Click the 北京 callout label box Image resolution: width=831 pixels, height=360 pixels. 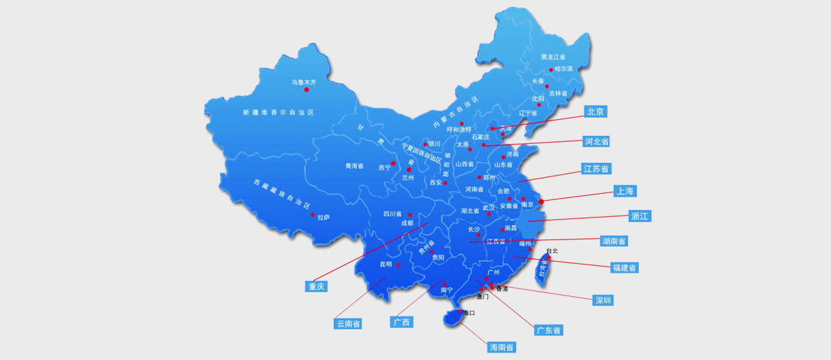click(596, 111)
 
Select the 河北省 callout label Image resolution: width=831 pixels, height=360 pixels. click(596, 141)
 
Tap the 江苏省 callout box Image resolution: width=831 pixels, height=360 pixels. click(596, 169)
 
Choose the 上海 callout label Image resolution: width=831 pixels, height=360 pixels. click(625, 190)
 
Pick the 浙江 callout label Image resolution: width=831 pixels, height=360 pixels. click(640, 216)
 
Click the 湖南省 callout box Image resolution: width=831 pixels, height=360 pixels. click(614, 241)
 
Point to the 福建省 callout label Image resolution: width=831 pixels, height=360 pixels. click(625, 267)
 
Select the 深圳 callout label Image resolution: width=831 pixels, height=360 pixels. click(603, 300)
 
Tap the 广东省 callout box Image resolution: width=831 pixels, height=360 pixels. click(548, 330)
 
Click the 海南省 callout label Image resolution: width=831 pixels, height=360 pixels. click(501, 347)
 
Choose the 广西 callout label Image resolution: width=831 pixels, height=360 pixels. click(402, 322)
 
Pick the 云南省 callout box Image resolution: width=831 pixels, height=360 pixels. click(348, 323)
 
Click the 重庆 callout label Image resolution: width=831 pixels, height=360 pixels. click(316, 286)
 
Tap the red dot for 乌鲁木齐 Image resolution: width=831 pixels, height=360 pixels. click(306, 89)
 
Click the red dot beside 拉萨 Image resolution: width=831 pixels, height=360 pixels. click(313, 215)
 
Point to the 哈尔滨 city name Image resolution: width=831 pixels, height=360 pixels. click(564, 69)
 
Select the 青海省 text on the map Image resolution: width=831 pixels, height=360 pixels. click(355, 166)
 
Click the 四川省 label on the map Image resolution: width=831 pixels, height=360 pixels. click(393, 214)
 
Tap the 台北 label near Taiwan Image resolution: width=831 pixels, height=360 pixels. click(551, 251)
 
